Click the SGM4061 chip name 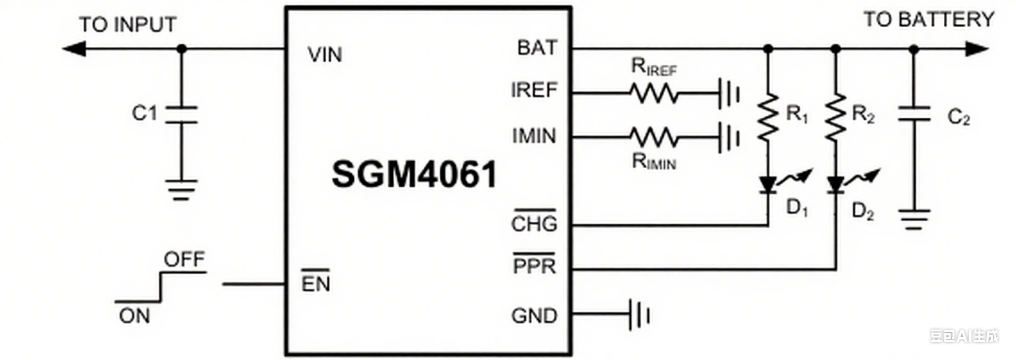(414, 175)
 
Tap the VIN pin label (325, 55)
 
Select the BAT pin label (537, 48)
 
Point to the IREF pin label (534, 91)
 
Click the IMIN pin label (534, 136)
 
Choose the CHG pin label (534, 224)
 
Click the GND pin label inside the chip (534, 316)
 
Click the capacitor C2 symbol (914, 114)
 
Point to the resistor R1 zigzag (767, 116)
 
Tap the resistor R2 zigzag (835, 116)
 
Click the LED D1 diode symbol (767, 184)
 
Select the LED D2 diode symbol (835, 184)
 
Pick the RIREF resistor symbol (654, 94)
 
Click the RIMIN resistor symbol (654, 137)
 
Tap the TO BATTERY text (928, 20)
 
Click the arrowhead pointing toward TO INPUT (73, 49)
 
